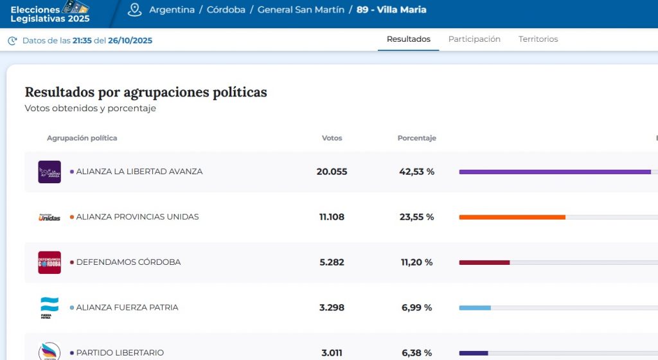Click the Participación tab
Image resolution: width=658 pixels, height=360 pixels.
click(x=474, y=39)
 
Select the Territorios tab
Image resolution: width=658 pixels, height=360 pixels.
click(x=538, y=39)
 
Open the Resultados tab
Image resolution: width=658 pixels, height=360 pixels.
click(x=409, y=39)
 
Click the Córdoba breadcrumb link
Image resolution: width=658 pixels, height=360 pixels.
click(x=226, y=10)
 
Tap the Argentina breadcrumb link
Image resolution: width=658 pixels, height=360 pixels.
click(x=172, y=10)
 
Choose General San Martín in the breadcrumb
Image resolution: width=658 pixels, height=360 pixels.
click(x=301, y=10)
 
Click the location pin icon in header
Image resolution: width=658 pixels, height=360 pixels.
click(x=134, y=10)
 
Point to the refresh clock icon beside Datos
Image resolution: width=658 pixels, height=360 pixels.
click(x=12, y=41)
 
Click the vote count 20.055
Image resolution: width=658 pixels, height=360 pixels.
click(x=332, y=172)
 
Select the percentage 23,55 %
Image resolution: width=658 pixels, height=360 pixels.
click(x=416, y=217)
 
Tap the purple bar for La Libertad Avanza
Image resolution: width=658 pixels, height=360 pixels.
click(x=555, y=172)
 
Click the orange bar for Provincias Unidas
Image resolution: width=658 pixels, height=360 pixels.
click(x=512, y=217)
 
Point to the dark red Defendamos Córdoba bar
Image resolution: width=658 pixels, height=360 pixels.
click(x=484, y=262)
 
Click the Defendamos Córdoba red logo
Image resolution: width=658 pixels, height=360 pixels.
click(x=49, y=262)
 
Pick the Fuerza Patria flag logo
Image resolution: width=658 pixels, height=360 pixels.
click(x=49, y=307)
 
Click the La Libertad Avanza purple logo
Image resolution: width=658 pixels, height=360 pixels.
click(x=49, y=172)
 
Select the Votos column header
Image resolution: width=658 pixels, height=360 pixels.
click(x=332, y=138)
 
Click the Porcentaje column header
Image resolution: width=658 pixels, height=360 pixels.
click(x=416, y=138)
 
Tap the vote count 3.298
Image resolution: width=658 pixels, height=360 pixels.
click(x=332, y=308)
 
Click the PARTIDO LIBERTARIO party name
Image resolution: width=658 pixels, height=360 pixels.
click(x=120, y=353)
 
